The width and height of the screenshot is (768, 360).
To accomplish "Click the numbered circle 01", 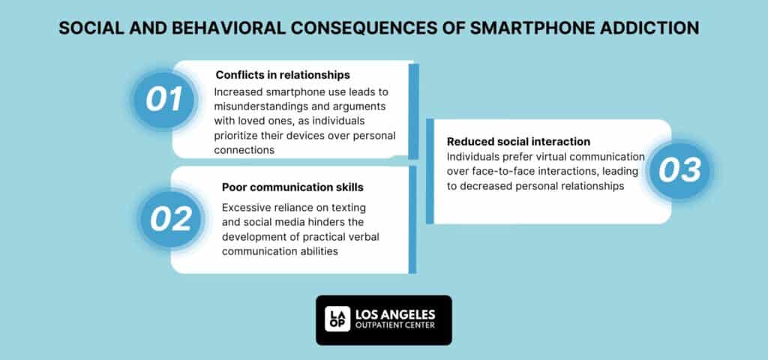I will tap(165, 100).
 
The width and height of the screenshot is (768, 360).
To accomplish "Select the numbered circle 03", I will tap(679, 171).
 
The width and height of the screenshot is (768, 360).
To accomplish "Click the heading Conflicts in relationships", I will tap(283, 75).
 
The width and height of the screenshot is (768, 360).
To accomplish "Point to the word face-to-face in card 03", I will tap(511, 172).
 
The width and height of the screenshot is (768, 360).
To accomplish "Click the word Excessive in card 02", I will tap(247, 206).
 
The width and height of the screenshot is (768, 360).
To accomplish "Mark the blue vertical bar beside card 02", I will tap(412, 219).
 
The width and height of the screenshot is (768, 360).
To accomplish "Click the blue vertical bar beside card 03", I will tap(429, 171).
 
